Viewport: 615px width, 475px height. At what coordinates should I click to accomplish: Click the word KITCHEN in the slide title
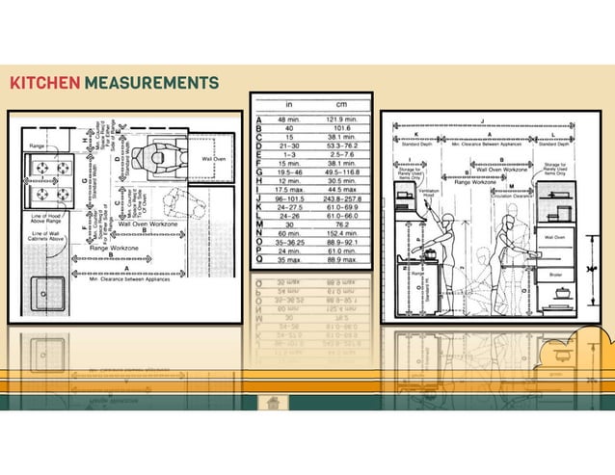(x=43, y=83)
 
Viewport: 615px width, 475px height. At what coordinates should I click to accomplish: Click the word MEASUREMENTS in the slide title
(x=150, y=83)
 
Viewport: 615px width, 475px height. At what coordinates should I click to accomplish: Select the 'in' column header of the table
(x=289, y=102)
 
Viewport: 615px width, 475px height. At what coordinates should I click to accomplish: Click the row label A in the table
(x=259, y=119)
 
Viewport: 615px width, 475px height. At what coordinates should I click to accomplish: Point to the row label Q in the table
(x=259, y=260)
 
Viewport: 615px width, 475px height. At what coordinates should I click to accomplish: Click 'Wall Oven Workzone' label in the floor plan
(x=145, y=224)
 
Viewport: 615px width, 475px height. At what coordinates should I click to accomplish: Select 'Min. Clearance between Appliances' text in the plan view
(x=124, y=279)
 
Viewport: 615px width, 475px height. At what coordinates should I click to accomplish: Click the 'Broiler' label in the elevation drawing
(x=555, y=274)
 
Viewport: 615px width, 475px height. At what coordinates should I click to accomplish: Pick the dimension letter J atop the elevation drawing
(x=482, y=121)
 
